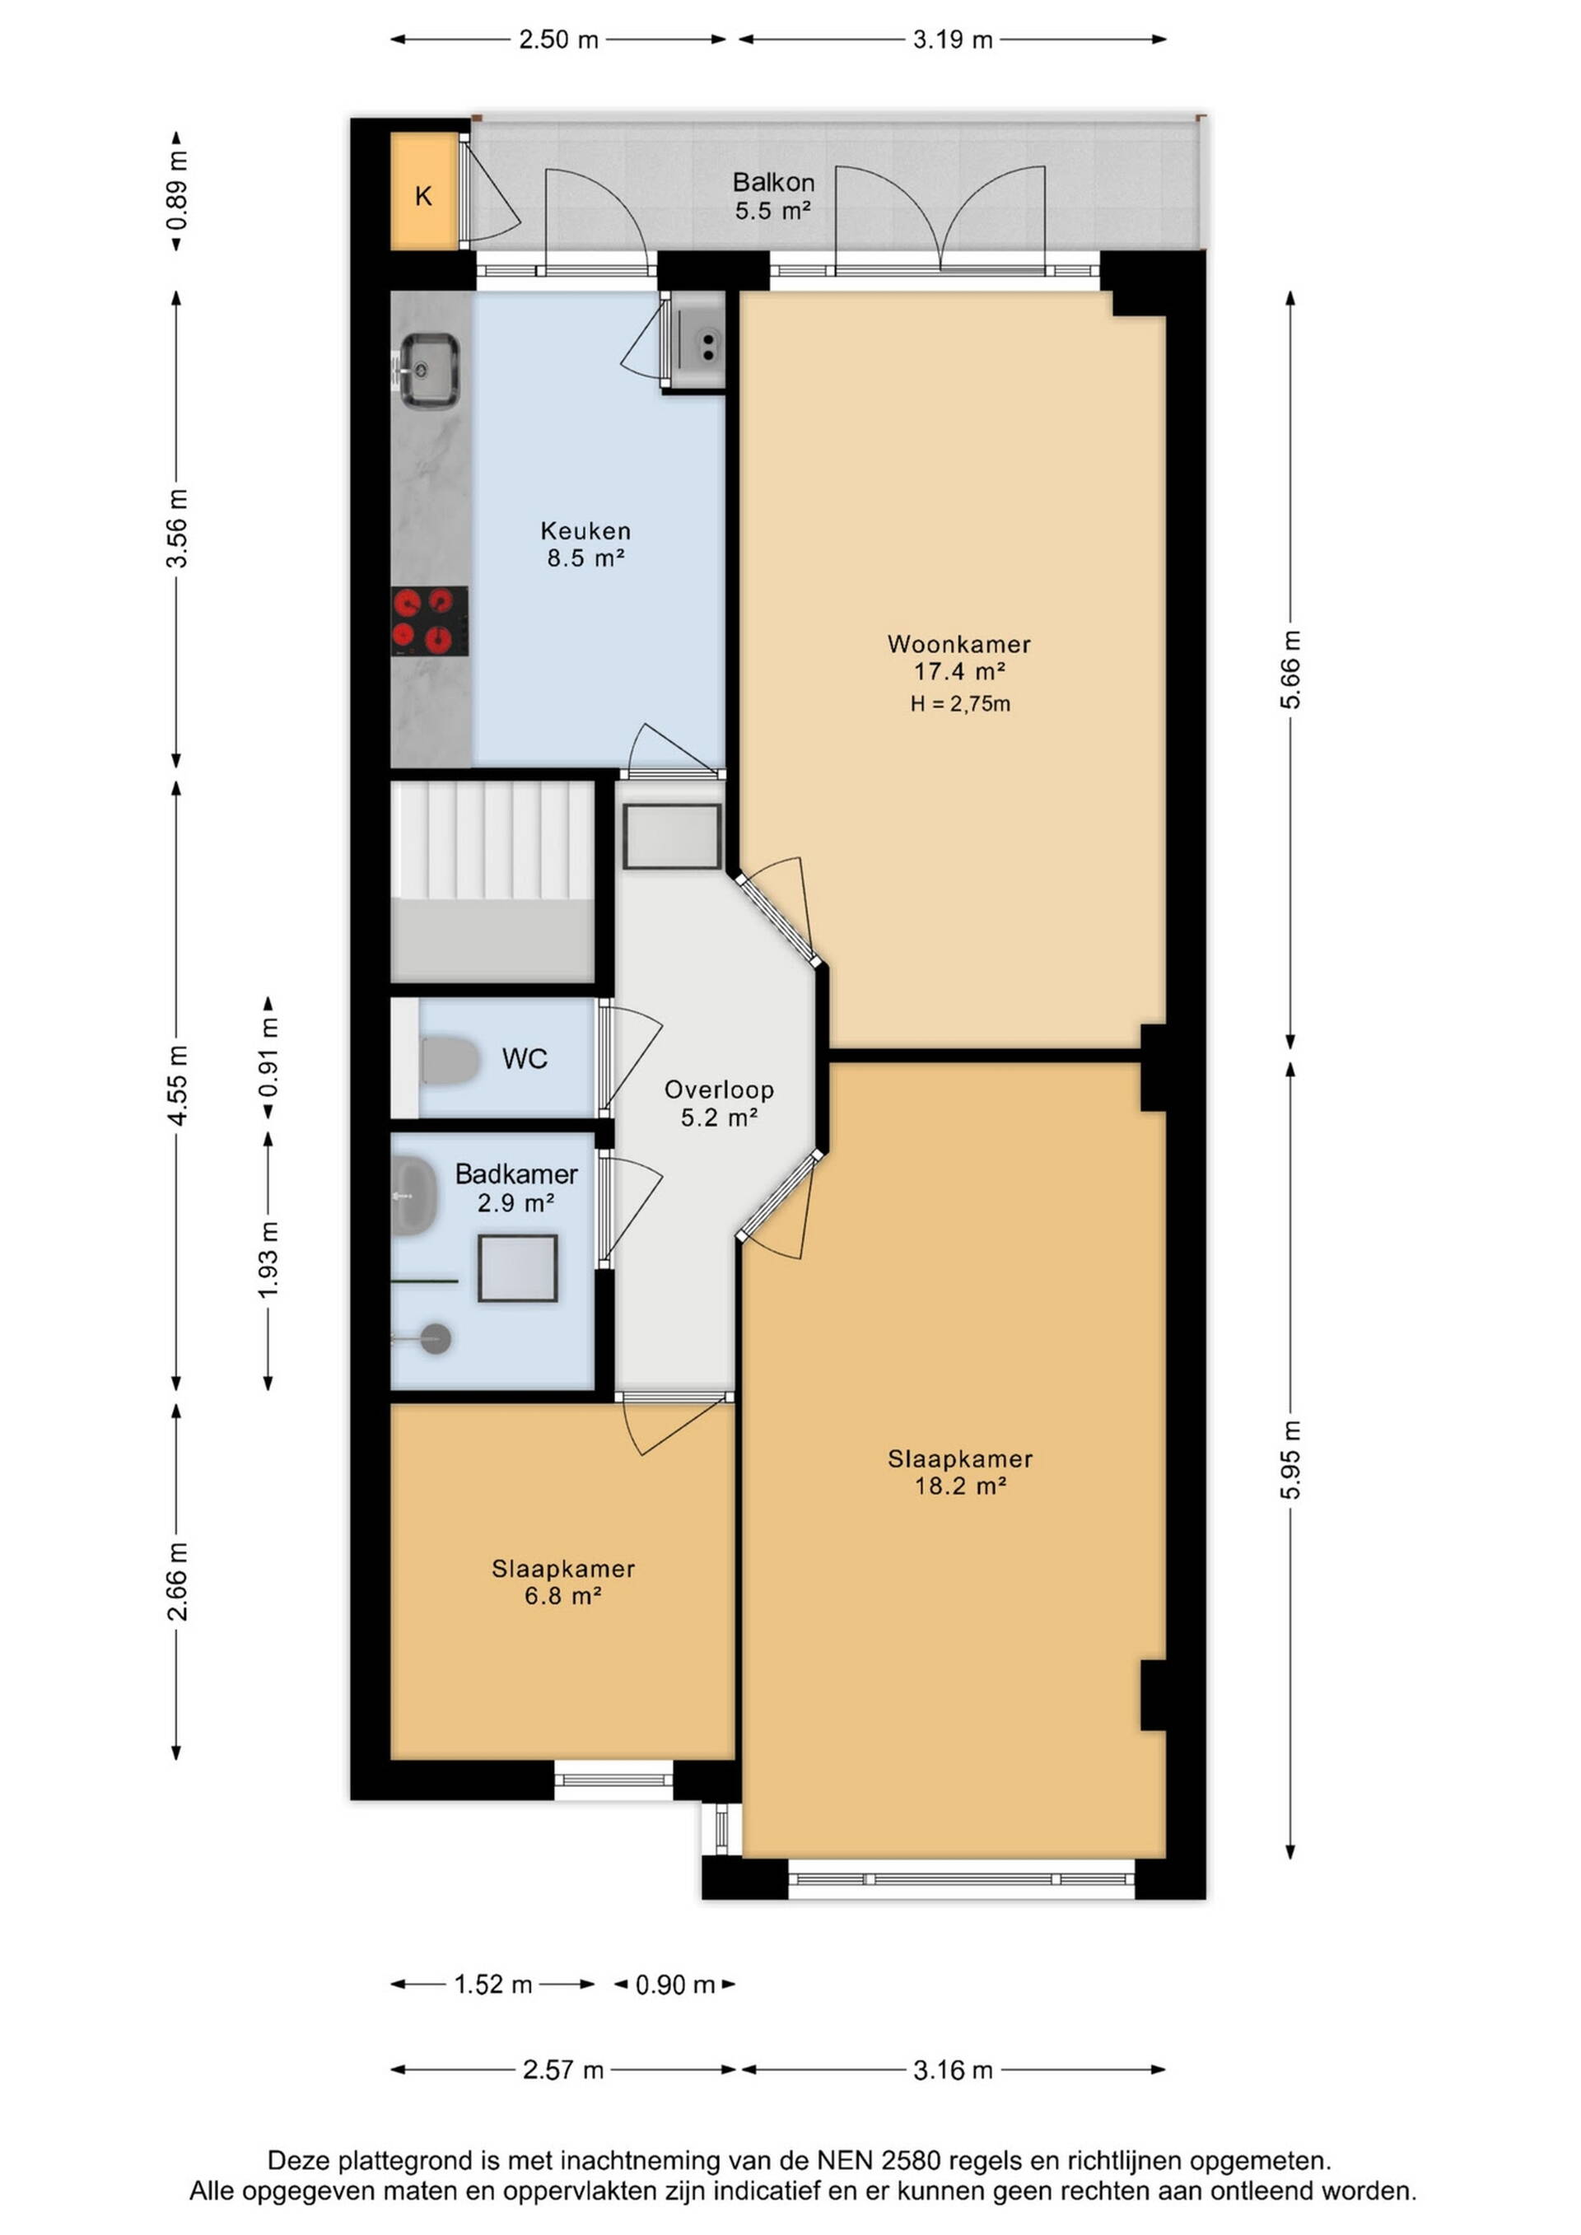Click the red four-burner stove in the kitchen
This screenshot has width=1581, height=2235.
click(x=429, y=620)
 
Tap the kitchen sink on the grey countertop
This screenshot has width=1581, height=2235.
click(x=429, y=371)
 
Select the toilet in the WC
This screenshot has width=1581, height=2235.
click(x=450, y=1060)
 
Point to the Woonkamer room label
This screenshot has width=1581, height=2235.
click(x=959, y=643)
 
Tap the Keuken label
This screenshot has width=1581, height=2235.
click(x=585, y=530)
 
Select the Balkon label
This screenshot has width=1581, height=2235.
click(x=774, y=182)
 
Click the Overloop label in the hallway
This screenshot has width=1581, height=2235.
click(x=719, y=1090)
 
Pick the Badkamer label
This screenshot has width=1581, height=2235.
click(x=516, y=1174)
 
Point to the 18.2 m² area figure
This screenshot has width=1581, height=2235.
click(x=960, y=1486)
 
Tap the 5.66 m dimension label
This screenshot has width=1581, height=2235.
click(x=1290, y=670)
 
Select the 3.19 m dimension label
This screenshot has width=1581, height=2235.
click(x=952, y=40)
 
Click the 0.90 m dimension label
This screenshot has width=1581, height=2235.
click(x=674, y=1984)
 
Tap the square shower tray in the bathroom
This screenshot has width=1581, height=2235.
click(x=517, y=1268)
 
